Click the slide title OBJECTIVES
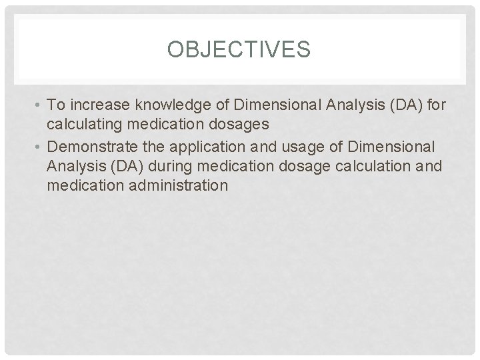coord(239,50)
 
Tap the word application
coord(199,146)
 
